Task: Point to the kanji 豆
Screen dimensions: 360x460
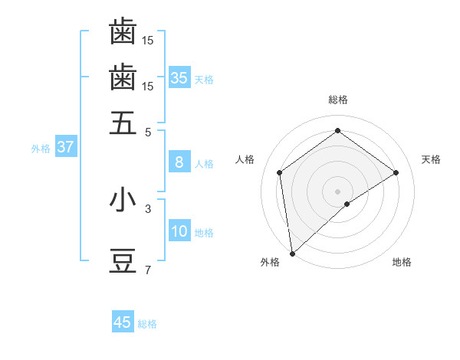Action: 123,261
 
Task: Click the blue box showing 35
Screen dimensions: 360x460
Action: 179,77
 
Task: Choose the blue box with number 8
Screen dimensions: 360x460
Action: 179,162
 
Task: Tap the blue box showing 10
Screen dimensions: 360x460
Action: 179,232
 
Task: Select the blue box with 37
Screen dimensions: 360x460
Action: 65,147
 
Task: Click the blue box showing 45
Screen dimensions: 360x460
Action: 123,322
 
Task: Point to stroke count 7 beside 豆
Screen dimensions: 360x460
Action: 148,270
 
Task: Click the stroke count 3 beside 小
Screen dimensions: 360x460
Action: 148,208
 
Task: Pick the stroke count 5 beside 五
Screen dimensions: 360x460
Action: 148,132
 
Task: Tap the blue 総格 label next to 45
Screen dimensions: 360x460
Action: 147,324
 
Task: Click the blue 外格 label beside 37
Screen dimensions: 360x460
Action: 41,149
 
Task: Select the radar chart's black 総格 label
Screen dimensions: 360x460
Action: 338,100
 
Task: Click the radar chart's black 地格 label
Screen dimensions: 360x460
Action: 402,262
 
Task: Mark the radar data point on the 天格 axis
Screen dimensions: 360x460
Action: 396,172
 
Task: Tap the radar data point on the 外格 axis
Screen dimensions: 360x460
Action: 292,253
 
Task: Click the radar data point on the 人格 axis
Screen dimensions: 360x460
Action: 280,172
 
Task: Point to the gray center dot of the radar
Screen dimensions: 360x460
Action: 338,191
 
